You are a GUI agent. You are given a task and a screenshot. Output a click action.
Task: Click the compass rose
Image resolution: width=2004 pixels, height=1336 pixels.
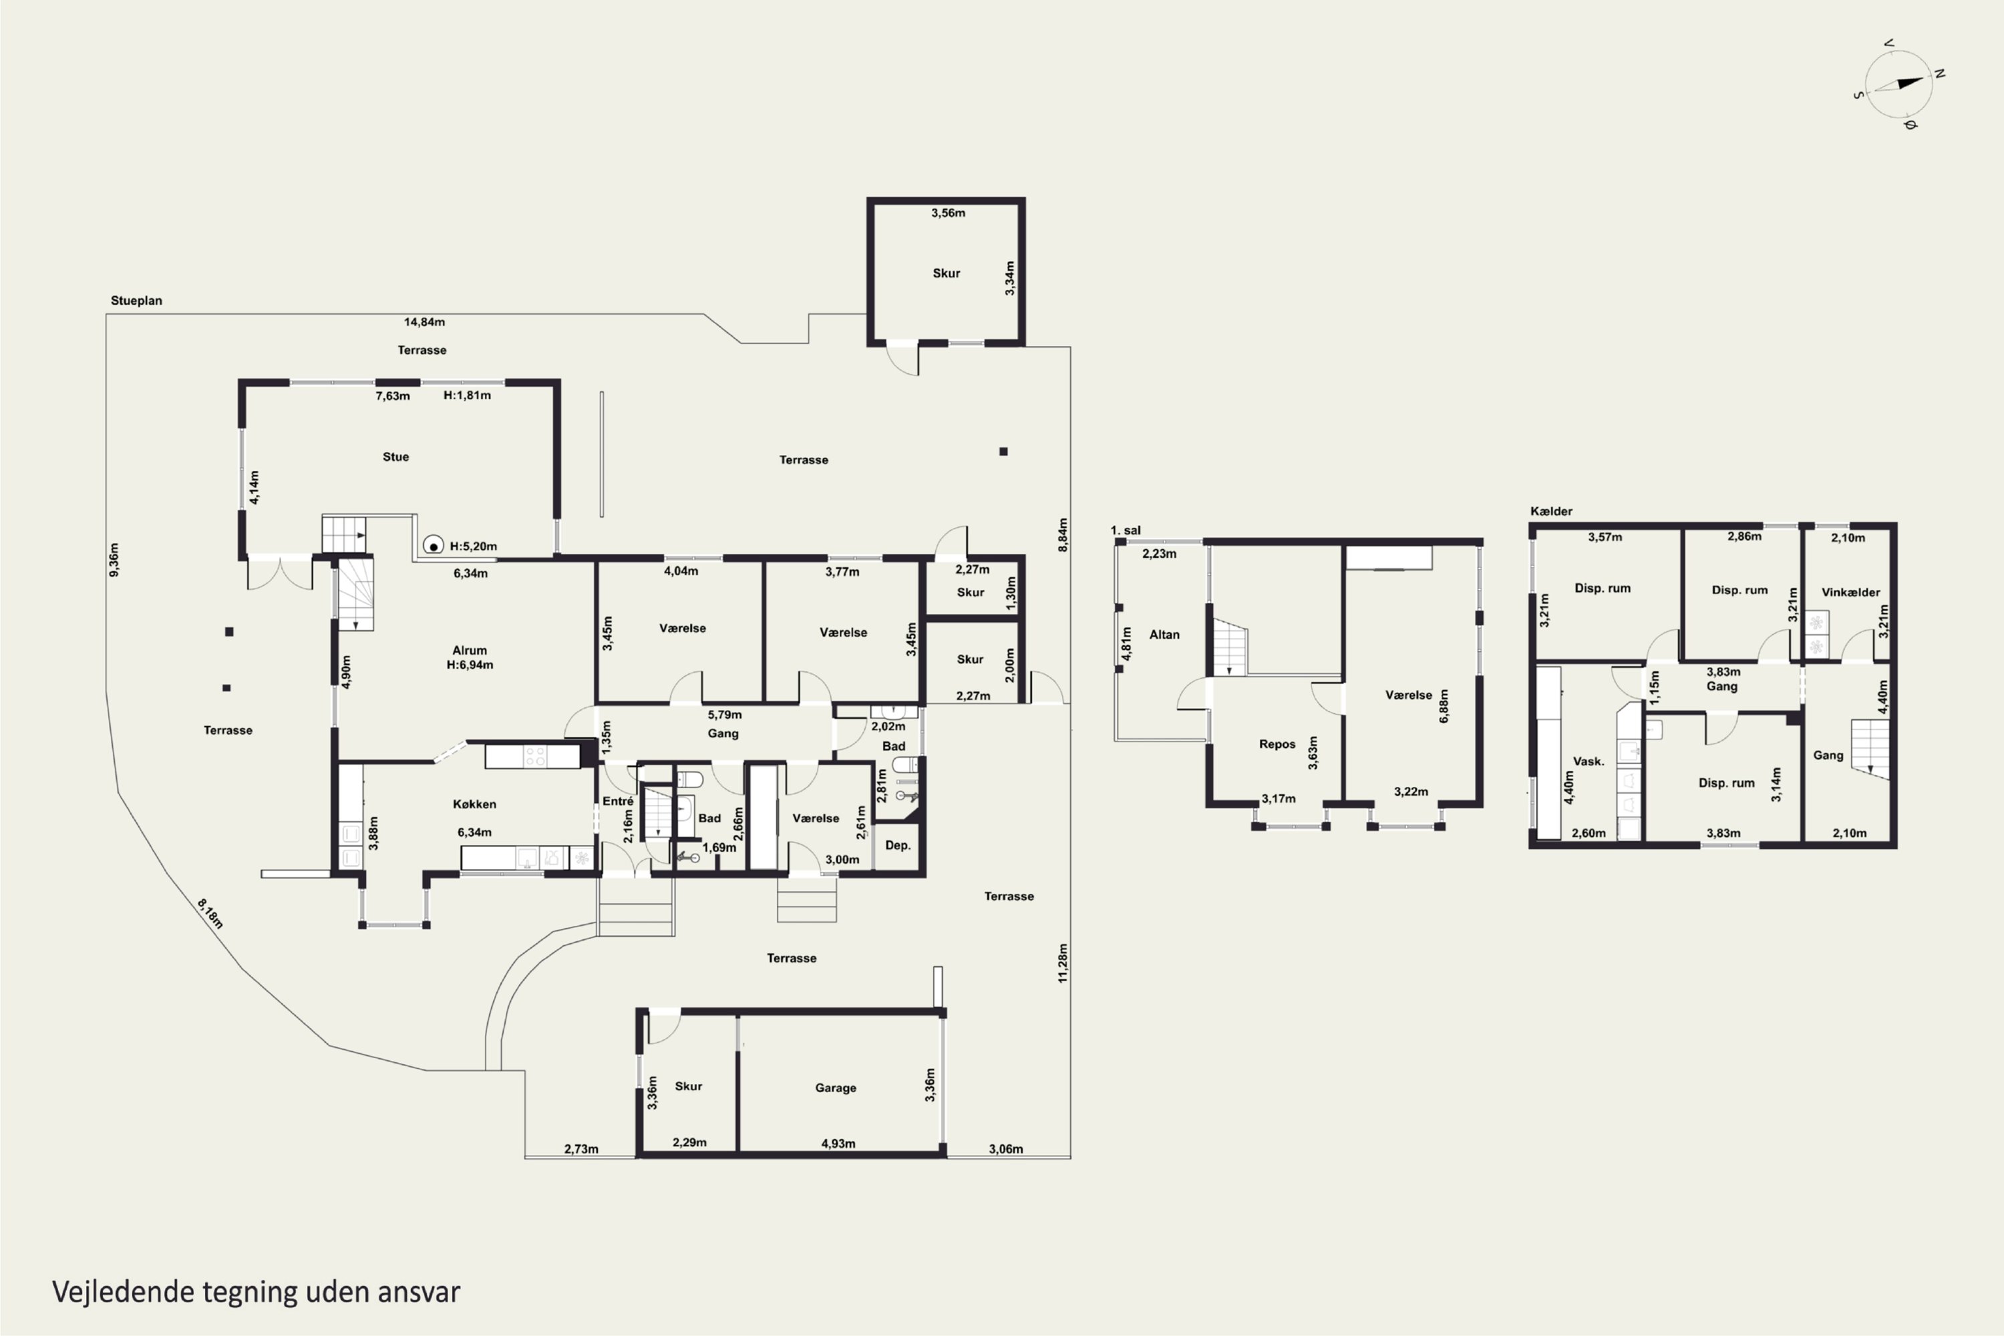pyautogui.click(x=1899, y=84)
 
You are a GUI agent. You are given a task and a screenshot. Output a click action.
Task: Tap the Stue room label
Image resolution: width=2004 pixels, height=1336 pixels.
pyautogui.click(x=395, y=457)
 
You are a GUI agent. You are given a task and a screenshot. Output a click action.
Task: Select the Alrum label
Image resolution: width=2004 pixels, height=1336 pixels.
pyautogui.click(x=470, y=650)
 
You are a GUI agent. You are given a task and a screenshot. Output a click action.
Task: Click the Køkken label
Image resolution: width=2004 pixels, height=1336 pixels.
pyautogui.click(x=474, y=804)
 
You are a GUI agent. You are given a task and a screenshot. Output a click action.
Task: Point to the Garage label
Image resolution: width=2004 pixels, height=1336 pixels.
pyautogui.click(x=835, y=1088)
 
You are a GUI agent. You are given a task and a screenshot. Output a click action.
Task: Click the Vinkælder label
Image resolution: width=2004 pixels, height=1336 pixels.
pyautogui.click(x=1850, y=592)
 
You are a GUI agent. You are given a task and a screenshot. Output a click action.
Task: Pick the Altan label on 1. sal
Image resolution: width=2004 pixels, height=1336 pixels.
pyautogui.click(x=1164, y=635)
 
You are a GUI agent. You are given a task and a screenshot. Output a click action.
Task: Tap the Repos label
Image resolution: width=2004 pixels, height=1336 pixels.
pyautogui.click(x=1277, y=744)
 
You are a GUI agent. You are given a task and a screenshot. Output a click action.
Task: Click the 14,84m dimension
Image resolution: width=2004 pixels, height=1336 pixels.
pyautogui.click(x=424, y=322)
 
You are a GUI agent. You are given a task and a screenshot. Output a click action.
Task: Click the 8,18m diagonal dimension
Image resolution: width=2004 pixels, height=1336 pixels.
pyautogui.click(x=210, y=913)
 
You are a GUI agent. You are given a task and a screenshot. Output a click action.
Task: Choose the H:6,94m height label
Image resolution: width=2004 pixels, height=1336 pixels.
pyautogui.click(x=470, y=665)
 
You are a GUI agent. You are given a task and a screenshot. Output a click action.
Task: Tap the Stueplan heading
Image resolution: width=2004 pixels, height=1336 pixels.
pyautogui.click(x=136, y=301)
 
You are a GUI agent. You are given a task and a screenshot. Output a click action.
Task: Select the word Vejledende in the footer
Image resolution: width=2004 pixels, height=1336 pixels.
pyautogui.click(x=124, y=1292)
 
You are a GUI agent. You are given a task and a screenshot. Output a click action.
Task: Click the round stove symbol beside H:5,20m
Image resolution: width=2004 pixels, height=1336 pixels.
pyautogui.click(x=434, y=545)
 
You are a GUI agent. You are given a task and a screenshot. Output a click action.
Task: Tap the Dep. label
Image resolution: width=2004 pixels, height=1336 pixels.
pyautogui.click(x=898, y=845)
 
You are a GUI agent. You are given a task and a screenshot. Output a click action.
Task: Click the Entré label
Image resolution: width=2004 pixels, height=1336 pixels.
pyautogui.click(x=618, y=801)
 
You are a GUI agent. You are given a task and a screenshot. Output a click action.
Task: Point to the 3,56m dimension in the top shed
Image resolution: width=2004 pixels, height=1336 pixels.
pyautogui.click(x=949, y=213)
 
